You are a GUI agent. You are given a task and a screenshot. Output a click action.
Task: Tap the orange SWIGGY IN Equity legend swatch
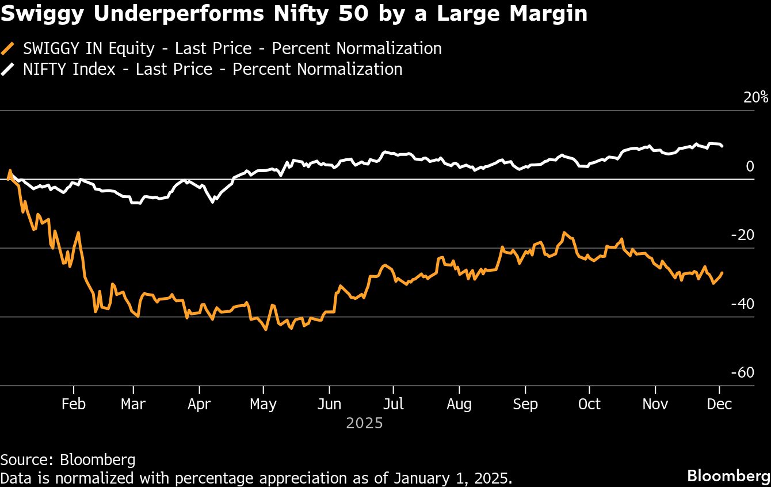[9, 48]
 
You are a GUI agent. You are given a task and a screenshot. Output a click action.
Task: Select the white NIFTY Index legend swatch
[9, 70]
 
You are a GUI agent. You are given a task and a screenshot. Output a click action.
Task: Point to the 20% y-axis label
[755, 97]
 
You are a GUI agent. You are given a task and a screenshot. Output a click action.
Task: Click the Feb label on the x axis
[74, 404]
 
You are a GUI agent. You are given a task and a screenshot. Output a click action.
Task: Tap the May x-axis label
[263, 404]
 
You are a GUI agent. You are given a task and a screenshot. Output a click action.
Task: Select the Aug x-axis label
[459, 404]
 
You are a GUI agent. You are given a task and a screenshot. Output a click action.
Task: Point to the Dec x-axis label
[719, 404]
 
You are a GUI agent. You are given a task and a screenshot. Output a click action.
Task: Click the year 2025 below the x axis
[364, 424]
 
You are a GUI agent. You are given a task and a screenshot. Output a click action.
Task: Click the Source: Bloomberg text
[68, 459]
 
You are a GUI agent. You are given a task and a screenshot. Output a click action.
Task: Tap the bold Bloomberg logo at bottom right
[728, 476]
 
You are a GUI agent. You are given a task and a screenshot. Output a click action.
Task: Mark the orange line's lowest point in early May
[265, 329]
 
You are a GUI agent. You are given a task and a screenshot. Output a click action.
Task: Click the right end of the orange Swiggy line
[722, 273]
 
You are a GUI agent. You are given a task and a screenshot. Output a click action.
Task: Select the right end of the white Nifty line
[722, 146]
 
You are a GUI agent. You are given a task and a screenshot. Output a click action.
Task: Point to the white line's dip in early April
[213, 202]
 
